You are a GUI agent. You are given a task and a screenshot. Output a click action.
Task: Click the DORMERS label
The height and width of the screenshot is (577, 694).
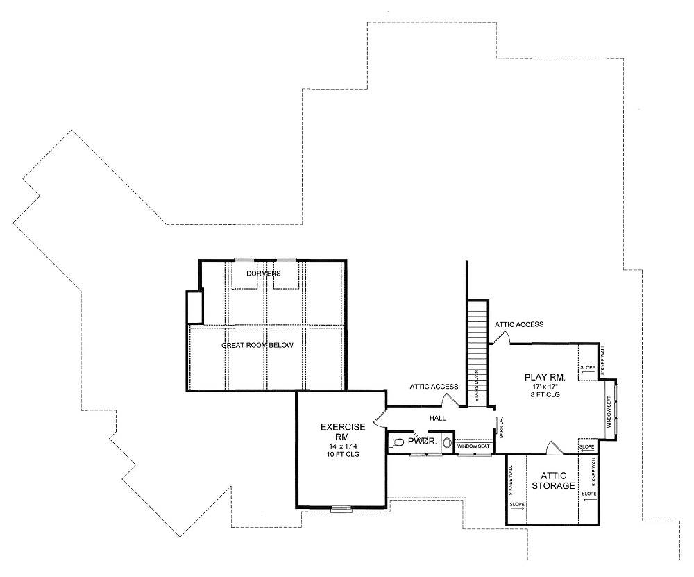click(x=264, y=274)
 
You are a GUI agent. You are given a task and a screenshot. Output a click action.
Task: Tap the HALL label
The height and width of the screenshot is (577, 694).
click(x=437, y=418)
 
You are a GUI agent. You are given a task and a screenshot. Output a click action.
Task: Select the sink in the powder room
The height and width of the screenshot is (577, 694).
click(x=448, y=441)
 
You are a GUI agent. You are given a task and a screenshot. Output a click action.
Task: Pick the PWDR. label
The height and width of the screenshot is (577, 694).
click(x=421, y=441)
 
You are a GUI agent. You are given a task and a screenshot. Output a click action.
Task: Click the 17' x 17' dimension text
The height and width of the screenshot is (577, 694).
click(x=545, y=386)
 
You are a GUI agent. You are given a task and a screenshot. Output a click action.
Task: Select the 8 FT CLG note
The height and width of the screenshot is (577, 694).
click(x=545, y=394)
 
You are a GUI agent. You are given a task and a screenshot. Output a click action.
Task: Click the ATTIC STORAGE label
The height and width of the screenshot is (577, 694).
click(x=552, y=480)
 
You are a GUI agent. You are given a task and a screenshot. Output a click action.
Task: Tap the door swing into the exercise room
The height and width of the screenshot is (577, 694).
click(x=378, y=418)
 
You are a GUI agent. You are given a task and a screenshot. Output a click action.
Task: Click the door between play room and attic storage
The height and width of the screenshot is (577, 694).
click(x=553, y=448)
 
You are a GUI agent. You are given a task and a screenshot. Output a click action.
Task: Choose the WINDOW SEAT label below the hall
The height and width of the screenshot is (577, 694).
click(x=474, y=446)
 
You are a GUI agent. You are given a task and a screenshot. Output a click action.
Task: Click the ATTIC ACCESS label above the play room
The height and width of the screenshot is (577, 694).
click(x=518, y=324)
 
